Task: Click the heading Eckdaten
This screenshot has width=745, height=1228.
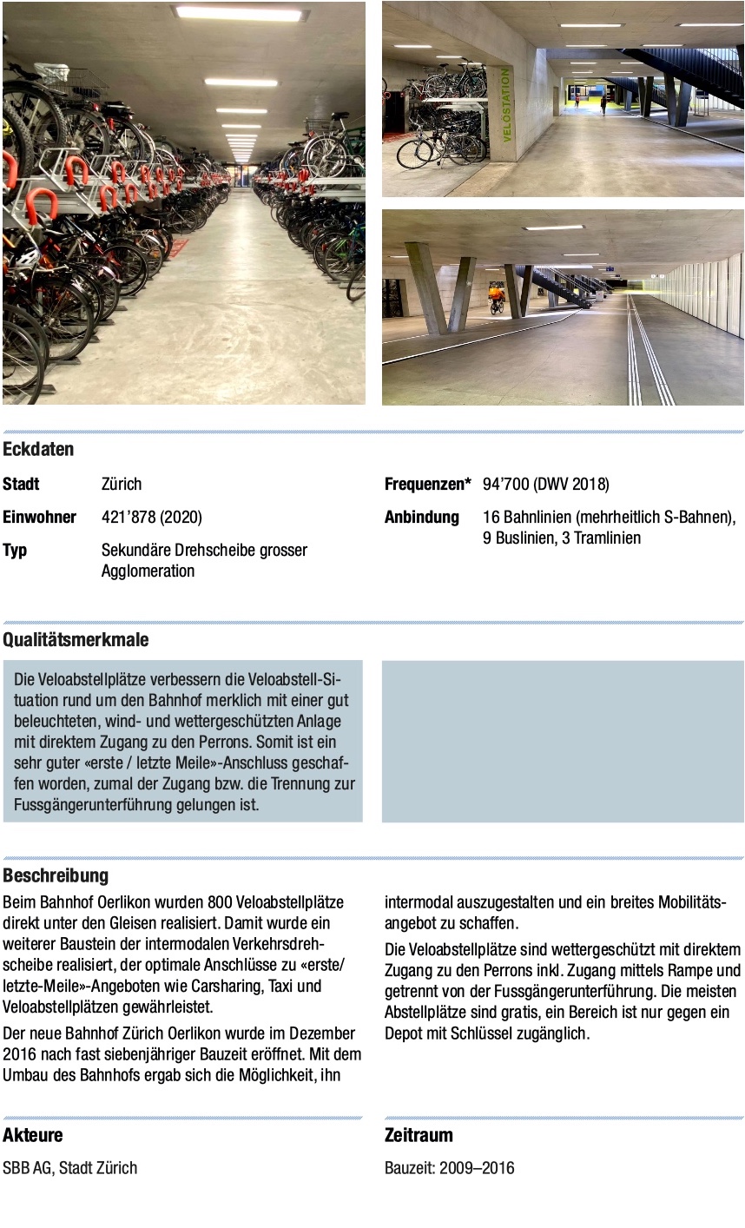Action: pyautogui.click(x=38, y=449)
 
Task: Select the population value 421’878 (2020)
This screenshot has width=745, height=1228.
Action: pyautogui.click(x=151, y=517)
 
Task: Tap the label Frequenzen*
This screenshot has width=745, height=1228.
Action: pyautogui.click(x=427, y=484)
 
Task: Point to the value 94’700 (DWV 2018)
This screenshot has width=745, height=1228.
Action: pyautogui.click(x=545, y=484)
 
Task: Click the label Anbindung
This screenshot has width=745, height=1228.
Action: pyautogui.click(x=421, y=517)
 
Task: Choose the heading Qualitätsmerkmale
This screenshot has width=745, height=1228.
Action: pyautogui.click(x=76, y=640)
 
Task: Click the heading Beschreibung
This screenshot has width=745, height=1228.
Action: pyautogui.click(x=56, y=875)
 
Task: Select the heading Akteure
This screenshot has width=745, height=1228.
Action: pyautogui.click(x=32, y=1135)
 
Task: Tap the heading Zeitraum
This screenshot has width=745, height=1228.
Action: pyautogui.click(x=419, y=1135)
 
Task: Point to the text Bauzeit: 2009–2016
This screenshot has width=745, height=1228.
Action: pyautogui.click(x=449, y=1167)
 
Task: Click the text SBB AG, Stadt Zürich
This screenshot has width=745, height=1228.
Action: pyautogui.click(x=69, y=1167)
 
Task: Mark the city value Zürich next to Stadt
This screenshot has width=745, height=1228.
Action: pyautogui.click(x=121, y=484)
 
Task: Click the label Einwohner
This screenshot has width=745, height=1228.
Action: pyautogui.click(x=39, y=517)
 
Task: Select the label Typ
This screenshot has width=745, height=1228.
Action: pyautogui.click(x=15, y=550)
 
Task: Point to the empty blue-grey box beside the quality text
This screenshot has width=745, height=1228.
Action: pyautogui.click(x=563, y=741)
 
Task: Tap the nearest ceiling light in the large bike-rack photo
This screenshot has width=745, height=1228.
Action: pyautogui.click(x=240, y=14)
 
